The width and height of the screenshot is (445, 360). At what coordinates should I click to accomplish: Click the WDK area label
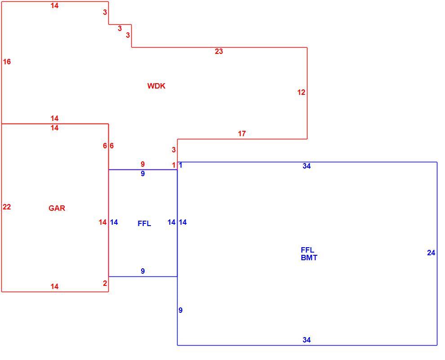click(156, 86)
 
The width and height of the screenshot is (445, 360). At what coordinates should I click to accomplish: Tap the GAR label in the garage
click(57, 208)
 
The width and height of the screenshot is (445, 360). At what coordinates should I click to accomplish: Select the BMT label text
click(309, 258)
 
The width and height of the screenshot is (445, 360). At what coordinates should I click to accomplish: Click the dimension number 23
click(219, 51)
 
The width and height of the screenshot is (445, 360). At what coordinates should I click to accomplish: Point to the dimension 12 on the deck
click(301, 92)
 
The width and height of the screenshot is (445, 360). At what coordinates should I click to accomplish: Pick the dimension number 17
click(242, 133)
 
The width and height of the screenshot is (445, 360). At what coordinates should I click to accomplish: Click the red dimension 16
click(7, 62)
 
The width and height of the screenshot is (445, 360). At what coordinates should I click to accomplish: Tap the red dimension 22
click(7, 207)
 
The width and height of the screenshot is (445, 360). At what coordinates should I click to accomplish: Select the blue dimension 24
click(431, 253)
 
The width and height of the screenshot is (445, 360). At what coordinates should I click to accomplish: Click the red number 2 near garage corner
click(105, 283)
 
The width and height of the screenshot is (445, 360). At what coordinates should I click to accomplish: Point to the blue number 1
click(181, 165)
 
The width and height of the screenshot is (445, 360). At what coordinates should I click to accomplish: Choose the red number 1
click(174, 165)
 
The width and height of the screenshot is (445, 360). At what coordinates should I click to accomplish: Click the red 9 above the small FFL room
click(143, 164)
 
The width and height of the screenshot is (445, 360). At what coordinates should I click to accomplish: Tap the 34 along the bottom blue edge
click(307, 340)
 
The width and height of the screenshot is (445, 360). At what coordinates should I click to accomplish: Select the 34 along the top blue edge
click(307, 166)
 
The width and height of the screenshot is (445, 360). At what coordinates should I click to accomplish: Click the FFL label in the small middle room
click(144, 223)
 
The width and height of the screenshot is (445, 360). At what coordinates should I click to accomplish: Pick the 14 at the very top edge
click(54, 5)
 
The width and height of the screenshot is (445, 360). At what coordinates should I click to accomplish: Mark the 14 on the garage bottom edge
click(54, 287)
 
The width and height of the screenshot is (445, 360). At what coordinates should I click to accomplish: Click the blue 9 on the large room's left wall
click(181, 311)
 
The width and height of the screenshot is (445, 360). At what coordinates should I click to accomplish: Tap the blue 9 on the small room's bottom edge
click(143, 271)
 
